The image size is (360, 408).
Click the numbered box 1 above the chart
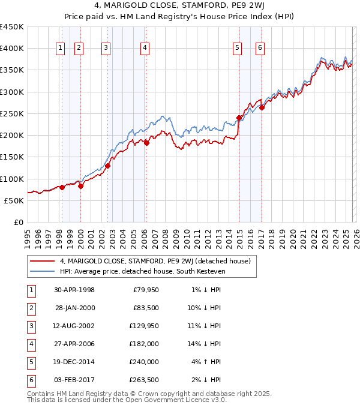[x=61, y=49]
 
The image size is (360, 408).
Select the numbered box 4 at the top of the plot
[x=145, y=49]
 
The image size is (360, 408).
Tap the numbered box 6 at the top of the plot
[x=260, y=49]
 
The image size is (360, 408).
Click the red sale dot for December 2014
[x=239, y=118]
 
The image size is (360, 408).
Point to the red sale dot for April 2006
[x=146, y=143]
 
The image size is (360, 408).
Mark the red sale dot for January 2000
[x=80, y=186]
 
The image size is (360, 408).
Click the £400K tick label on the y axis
[x=12, y=49]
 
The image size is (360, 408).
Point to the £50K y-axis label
[x=14, y=200]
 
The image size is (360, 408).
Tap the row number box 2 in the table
[x=30, y=308]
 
